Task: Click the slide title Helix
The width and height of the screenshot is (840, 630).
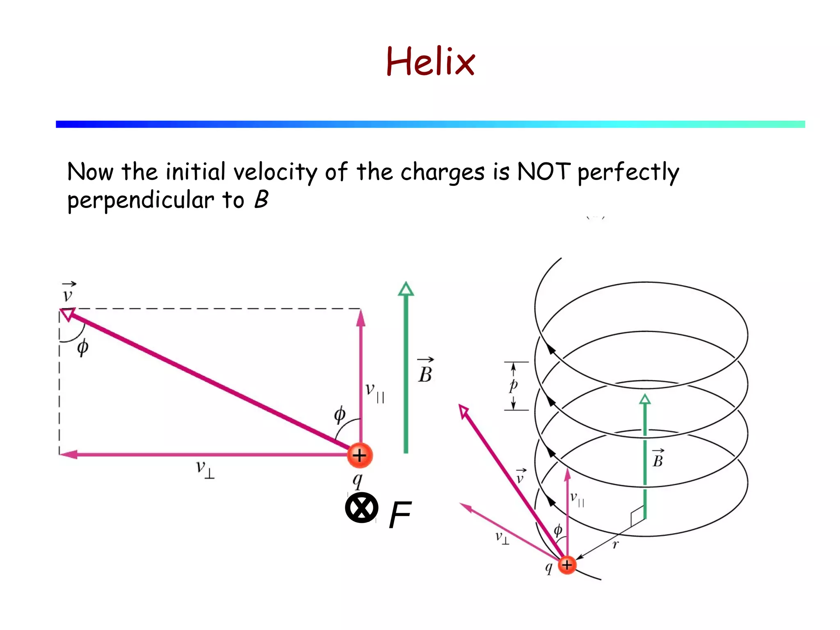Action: click(x=430, y=62)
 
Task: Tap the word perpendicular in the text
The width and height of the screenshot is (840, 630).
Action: click(x=140, y=201)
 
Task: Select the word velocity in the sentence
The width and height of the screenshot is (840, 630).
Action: click(x=275, y=172)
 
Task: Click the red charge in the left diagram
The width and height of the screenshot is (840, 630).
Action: click(x=360, y=455)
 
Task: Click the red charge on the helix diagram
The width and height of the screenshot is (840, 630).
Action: click(x=567, y=565)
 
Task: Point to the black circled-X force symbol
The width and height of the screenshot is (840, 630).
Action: click(x=361, y=508)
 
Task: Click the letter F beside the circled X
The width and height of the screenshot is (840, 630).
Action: click(x=400, y=515)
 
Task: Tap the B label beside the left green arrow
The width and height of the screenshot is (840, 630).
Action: click(x=425, y=372)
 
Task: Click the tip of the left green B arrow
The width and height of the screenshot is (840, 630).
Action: click(x=406, y=287)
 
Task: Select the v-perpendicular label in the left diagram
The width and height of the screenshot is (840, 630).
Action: click(x=204, y=468)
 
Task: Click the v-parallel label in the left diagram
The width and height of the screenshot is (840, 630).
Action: click(x=374, y=391)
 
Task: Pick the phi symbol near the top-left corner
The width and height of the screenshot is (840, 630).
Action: click(x=82, y=347)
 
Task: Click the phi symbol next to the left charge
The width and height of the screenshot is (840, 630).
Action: click(x=340, y=415)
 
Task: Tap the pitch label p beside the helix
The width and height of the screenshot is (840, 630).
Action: click(x=513, y=386)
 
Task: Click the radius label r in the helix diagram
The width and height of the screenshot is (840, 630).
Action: click(x=615, y=545)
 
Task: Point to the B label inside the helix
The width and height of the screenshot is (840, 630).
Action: click(x=657, y=459)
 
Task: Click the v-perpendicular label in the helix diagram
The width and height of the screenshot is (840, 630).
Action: click(x=502, y=538)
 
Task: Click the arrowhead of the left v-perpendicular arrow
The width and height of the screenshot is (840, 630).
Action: click(x=68, y=454)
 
